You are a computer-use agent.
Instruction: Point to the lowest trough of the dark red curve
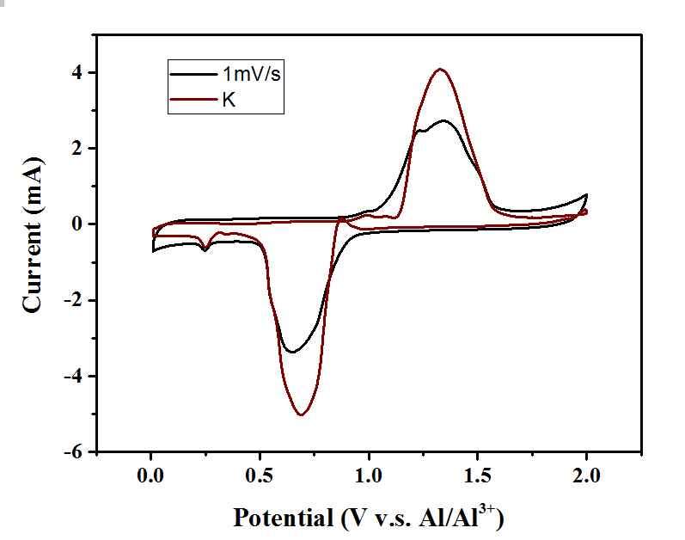click(x=302, y=415)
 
